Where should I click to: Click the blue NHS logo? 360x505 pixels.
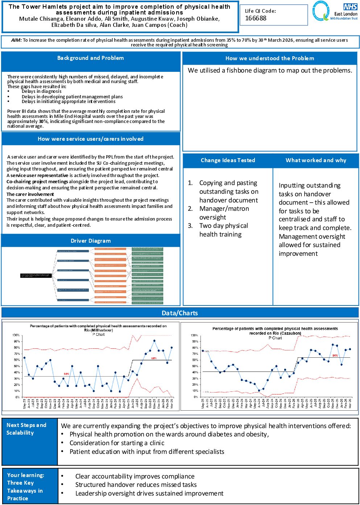(350, 7)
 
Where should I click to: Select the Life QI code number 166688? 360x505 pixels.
(256, 18)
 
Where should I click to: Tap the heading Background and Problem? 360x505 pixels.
(91, 58)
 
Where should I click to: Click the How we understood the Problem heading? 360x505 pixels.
(270, 58)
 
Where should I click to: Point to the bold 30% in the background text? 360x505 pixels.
(43, 122)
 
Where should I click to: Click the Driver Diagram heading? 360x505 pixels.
(91, 241)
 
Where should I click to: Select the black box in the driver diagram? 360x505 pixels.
(36, 276)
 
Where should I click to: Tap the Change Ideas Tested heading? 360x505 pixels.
(228, 160)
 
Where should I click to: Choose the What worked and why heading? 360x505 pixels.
(316, 160)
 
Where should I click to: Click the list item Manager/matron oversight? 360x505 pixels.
(224, 213)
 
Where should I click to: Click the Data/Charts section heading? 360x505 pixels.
(180, 313)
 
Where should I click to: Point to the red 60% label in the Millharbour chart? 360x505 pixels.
(154, 358)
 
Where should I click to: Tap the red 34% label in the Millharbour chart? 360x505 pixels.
(66, 374)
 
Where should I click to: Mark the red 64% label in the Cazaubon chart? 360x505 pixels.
(335, 356)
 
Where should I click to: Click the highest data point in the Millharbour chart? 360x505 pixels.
(154, 341)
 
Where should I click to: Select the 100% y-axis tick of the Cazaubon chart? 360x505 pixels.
(195, 335)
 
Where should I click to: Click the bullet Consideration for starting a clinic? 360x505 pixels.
(117, 443)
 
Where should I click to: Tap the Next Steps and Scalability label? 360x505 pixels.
(26, 429)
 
